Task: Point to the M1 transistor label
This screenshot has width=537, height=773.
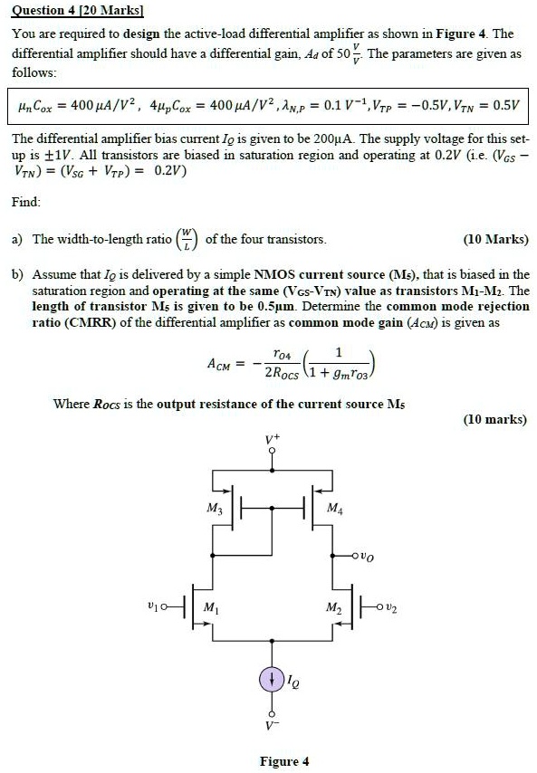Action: coord(212,605)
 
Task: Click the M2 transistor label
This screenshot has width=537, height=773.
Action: coord(331,605)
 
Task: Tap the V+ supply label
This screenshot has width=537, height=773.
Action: coord(273,440)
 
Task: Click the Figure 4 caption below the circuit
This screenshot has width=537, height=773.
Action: coord(283,760)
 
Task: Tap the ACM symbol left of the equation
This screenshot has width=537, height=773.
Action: coord(222,364)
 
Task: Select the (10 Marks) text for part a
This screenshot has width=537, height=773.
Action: coord(495,240)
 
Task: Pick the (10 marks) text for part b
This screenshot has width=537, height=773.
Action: coord(494,419)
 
